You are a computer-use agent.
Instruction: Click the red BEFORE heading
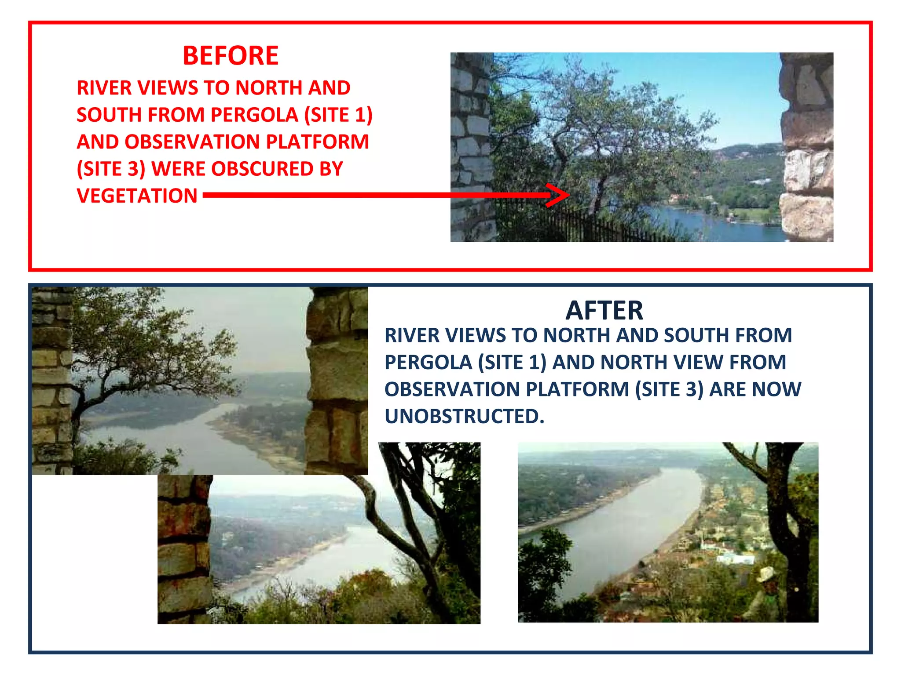tap(231, 56)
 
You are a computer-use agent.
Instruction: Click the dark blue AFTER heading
tap(604, 311)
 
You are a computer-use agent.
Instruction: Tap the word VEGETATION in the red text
tap(137, 196)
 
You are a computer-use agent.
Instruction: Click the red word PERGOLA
tap(254, 115)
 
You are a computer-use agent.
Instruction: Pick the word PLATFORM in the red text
tap(317, 142)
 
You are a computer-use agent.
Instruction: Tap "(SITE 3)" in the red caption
tap(111, 169)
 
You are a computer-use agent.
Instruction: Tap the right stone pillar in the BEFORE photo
tap(807, 147)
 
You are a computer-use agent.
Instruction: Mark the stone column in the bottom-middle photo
tap(184, 549)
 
